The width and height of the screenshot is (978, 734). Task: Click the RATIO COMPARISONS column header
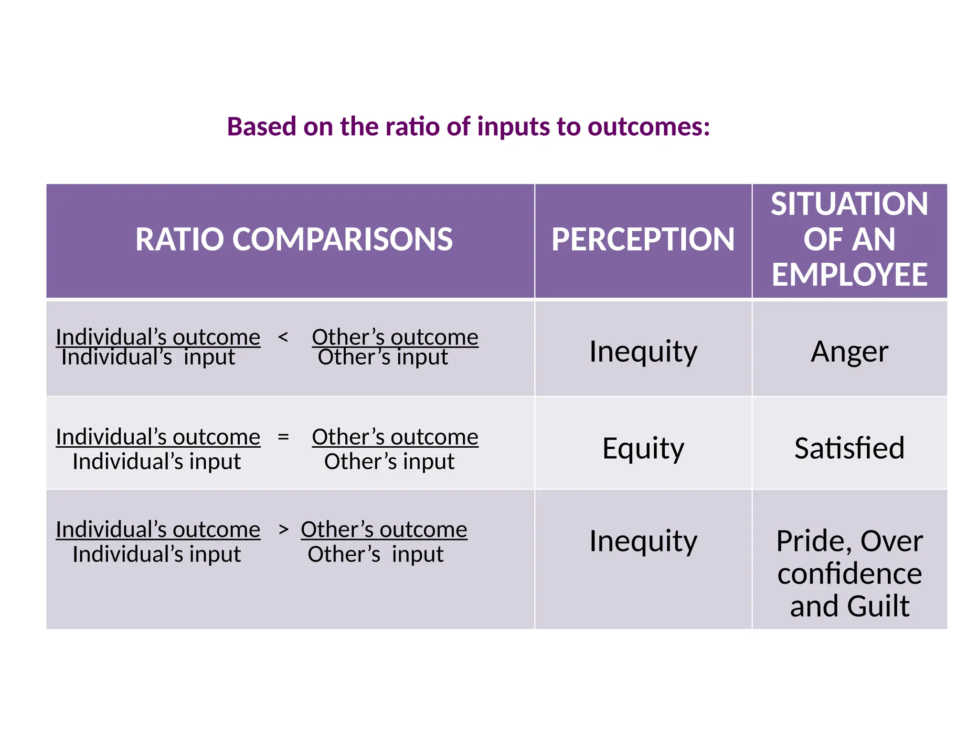click(x=294, y=239)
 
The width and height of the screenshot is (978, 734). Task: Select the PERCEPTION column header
click(x=643, y=239)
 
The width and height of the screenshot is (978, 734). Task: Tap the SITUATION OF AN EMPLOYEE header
click(x=849, y=239)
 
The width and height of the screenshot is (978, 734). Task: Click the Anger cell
click(x=849, y=352)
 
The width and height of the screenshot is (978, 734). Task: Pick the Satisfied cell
click(x=849, y=448)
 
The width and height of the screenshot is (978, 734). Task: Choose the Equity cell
click(x=643, y=448)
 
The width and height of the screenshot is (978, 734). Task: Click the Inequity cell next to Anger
click(x=643, y=352)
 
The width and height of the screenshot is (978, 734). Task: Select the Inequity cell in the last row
click(x=643, y=541)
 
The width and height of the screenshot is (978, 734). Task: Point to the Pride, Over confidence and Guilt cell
click(x=849, y=573)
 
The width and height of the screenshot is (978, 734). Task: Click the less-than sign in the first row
click(x=283, y=337)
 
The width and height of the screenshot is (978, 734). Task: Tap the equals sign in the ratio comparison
click(x=283, y=437)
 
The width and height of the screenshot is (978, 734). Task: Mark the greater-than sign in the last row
click(x=284, y=529)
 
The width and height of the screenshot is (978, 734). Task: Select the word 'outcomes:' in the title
click(x=648, y=127)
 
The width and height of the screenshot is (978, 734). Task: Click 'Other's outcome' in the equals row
click(x=395, y=437)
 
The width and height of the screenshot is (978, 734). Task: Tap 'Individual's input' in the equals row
click(x=157, y=462)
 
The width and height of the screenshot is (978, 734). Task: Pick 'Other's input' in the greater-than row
click(x=375, y=554)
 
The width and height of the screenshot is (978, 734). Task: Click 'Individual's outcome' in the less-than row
click(x=158, y=336)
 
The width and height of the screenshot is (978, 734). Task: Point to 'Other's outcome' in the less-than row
click(x=395, y=336)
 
